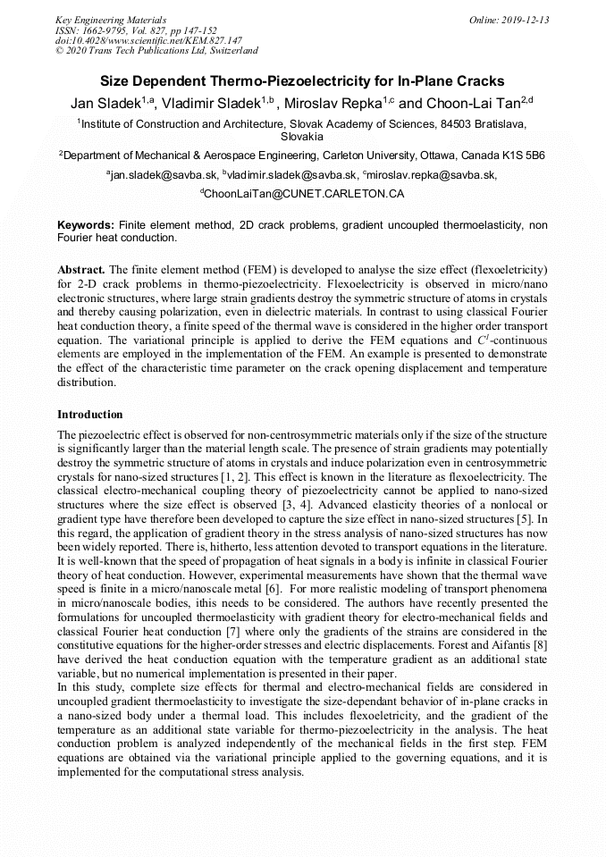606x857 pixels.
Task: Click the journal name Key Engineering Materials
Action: coord(111,20)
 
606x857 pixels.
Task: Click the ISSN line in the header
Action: coord(136,30)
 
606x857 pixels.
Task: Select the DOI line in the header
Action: coord(148,40)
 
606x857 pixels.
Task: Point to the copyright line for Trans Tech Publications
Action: coord(156,51)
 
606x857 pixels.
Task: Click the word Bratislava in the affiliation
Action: coord(498,124)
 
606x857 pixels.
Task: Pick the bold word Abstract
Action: coord(81,269)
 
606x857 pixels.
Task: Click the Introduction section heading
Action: coord(90,415)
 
